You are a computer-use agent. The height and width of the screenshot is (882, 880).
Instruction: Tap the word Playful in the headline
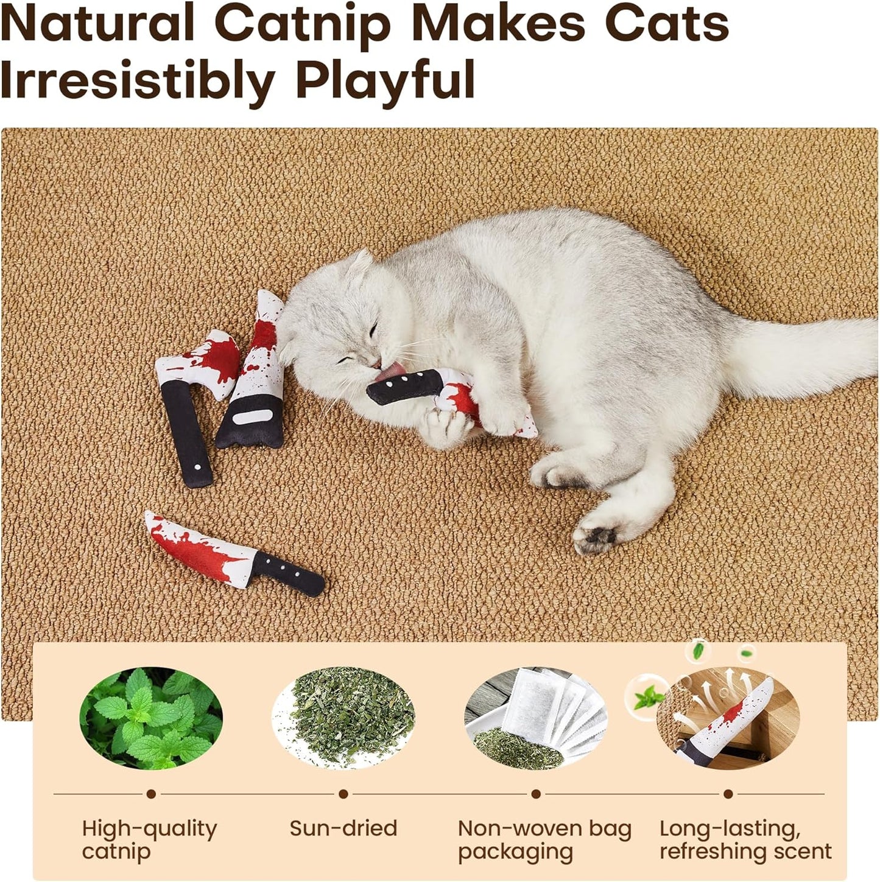[x=385, y=80]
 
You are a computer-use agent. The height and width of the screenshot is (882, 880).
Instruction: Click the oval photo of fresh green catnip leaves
[x=151, y=718]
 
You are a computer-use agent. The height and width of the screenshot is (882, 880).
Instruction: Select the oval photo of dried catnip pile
[x=343, y=718]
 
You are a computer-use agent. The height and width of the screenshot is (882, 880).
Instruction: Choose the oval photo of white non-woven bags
[x=536, y=718]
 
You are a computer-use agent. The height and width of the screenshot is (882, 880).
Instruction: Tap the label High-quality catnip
[x=149, y=839]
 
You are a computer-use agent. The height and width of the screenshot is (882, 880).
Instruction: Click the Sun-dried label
[x=343, y=828]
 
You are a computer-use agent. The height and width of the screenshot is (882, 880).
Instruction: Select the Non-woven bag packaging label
[x=544, y=839]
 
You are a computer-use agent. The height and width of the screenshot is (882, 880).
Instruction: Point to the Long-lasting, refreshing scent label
[x=745, y=839]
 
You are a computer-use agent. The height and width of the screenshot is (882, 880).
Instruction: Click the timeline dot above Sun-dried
[x=343, y=794]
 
